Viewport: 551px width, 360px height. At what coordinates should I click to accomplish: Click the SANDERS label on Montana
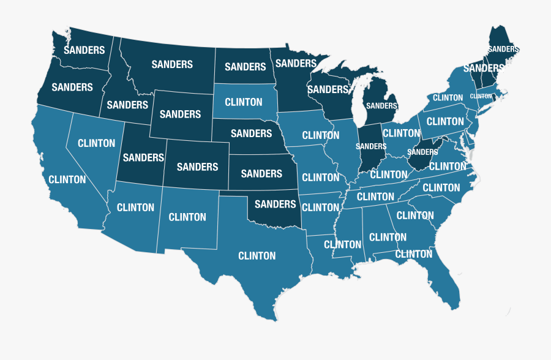click(x=172, y=64)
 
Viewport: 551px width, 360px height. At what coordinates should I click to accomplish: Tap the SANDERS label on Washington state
click(x=84, y=50)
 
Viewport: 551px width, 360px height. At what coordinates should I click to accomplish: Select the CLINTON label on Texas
click(x=257, y=255)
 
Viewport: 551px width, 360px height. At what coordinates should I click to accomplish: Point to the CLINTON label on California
click(x=67, y=179)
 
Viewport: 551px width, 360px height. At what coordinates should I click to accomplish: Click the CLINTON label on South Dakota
click(x=244, y=102)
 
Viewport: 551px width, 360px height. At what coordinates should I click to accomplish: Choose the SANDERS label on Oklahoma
click(x=275, y=204)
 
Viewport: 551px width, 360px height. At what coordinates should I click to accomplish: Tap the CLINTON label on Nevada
click(x=97, y=143)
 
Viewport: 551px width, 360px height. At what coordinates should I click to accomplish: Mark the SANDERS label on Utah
click(x=143, y=157)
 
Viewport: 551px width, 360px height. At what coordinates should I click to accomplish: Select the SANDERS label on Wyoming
click(x=180, y=114)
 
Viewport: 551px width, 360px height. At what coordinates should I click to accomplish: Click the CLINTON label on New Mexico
click(x=187, y=217)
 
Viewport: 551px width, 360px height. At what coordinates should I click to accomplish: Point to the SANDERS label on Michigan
click(x=380, y=105)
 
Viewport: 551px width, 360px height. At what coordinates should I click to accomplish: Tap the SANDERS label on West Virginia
click(x=422, y=152)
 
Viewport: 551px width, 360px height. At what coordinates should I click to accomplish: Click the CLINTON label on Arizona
click(x=135, y=207)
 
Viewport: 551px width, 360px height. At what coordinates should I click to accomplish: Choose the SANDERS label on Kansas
click(x=261, y=174)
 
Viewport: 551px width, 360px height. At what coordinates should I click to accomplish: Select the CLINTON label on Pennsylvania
click(x=445, y=121)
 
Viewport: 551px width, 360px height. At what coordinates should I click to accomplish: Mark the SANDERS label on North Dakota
click(x=246, y=67)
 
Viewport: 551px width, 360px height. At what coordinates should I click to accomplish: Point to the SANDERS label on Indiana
click(x=371, y=146)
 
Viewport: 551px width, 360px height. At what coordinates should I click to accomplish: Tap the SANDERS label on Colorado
click(x=198, y=167)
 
